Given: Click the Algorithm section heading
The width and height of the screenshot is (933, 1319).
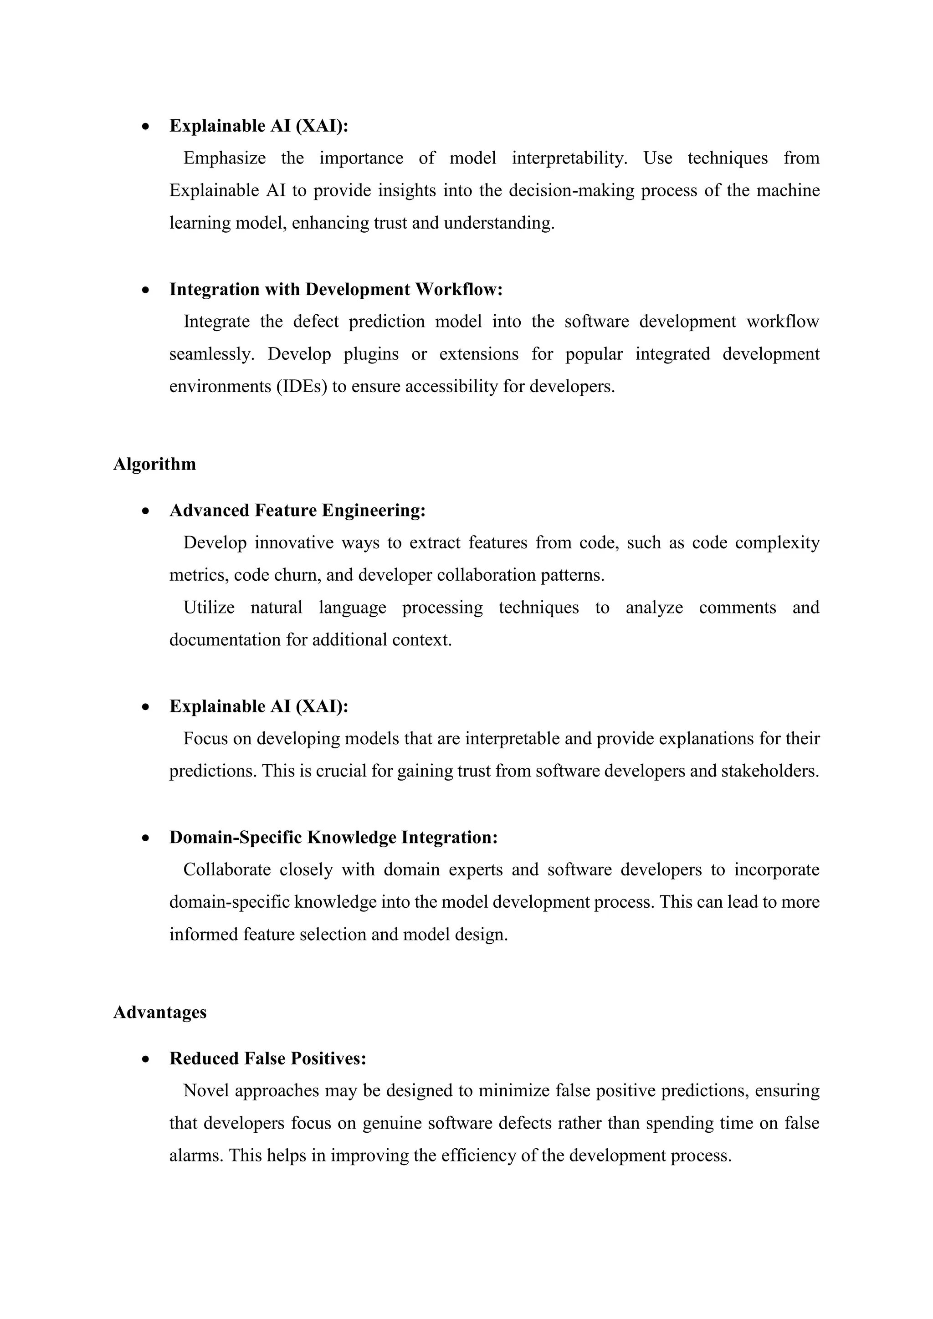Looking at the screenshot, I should click(154, 464).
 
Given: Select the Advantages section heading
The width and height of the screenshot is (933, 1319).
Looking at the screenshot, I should click(160, 1012).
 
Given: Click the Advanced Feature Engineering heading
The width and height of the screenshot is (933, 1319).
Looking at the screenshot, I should click(297, 510).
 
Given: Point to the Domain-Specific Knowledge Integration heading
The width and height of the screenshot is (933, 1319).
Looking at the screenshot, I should click(333, 837).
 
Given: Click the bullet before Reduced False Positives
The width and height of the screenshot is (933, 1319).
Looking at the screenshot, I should click(147, 1059).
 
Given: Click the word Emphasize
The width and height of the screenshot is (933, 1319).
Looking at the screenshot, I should click(225, 158).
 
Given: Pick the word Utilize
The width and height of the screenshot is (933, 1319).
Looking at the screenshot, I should click(209, 607).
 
